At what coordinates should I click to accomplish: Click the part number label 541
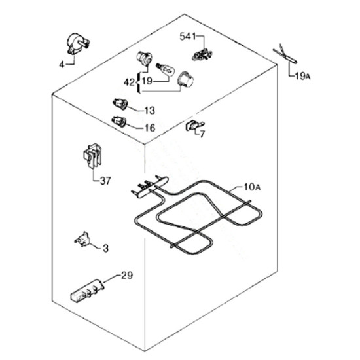pos(188,36)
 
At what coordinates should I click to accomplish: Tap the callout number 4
pos(62,65)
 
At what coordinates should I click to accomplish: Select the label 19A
pos(303,76)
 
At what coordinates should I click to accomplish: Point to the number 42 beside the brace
pos(129,82)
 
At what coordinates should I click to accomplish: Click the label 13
pos(150,111)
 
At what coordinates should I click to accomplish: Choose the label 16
pos(150,128)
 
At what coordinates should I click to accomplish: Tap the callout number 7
pos(202,134)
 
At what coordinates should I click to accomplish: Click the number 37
pos(105,181)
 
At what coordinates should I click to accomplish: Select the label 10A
pos(252,187)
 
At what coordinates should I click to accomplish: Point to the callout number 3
pos(105,248)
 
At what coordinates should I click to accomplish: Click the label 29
pos(127,275)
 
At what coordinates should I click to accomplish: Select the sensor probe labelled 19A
pos(285,55)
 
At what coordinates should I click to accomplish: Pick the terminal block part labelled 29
pos(87,290)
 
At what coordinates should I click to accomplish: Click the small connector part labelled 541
pos(202,54)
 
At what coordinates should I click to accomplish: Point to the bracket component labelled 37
pos(92,156)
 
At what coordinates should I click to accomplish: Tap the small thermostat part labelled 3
pos(82,239)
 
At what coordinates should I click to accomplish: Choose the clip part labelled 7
pos(194,126)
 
